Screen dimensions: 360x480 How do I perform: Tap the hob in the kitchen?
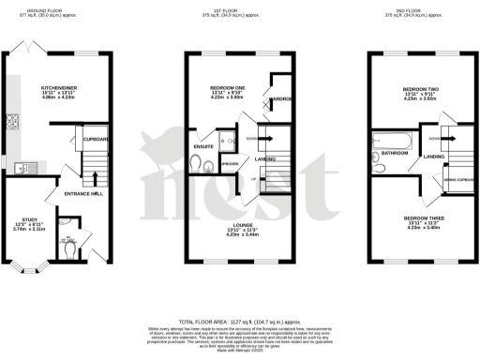pyautogui.click(x=15, y=122)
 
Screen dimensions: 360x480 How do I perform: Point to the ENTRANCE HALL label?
pyautogui.click(x=81, y=193)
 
